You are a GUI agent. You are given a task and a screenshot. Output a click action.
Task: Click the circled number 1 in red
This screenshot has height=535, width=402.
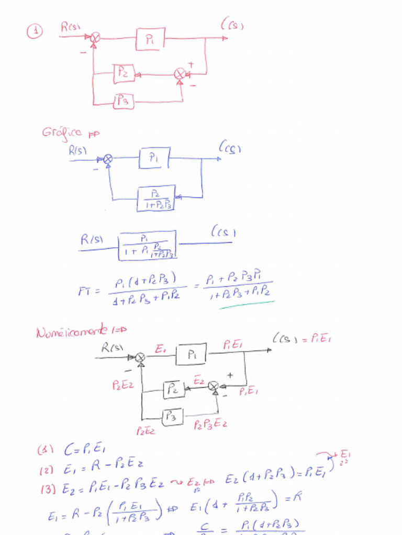(34, 32)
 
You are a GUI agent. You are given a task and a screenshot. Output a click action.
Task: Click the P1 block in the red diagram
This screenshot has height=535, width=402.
(150, 39)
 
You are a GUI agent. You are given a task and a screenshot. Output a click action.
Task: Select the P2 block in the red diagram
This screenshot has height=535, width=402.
(124, 74)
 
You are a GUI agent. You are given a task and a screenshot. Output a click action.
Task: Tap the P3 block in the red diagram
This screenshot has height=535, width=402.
(124, 101)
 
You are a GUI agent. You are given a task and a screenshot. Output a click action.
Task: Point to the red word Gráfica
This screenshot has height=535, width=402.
(62, 132)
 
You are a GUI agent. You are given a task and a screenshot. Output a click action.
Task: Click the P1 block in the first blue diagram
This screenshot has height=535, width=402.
(154, 158)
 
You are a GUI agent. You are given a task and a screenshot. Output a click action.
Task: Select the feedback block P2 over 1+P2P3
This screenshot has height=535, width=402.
(155, 198)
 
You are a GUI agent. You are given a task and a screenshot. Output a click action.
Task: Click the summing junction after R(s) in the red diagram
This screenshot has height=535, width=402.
(95, 38)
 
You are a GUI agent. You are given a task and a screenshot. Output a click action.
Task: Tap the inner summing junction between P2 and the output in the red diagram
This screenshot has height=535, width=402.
(180, 74)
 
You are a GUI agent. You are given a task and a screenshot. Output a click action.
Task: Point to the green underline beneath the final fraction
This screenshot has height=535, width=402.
(247, 305)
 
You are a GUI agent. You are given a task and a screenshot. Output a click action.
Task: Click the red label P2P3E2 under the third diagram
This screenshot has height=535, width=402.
(210, 424)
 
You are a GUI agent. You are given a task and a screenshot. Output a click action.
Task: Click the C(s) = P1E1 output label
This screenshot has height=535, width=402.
(302, 339)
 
